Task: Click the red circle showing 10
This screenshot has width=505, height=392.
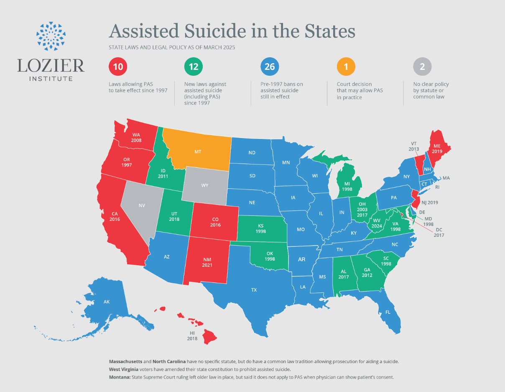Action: click(x=118, y=66)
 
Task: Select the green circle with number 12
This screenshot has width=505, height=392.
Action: click(x=194, y=66)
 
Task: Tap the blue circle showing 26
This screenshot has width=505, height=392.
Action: click(x=270, y=66)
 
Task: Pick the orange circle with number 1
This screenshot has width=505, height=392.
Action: click(x=346, y=66)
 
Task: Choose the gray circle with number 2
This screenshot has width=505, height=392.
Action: click(x=422, y=66)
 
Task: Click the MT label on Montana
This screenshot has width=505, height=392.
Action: click(x=198, y=152)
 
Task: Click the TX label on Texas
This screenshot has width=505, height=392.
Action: click(x=254, y=290)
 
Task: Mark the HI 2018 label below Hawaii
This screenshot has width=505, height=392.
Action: click(x=193, y=336)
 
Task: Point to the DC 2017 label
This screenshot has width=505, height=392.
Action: click(x=439, y=233)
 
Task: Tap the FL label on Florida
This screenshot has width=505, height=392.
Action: click(x=388, y=312)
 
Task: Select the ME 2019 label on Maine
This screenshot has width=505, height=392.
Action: click(x=437, y=148)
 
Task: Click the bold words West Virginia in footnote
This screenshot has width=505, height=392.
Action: click(x=125, y=369)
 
